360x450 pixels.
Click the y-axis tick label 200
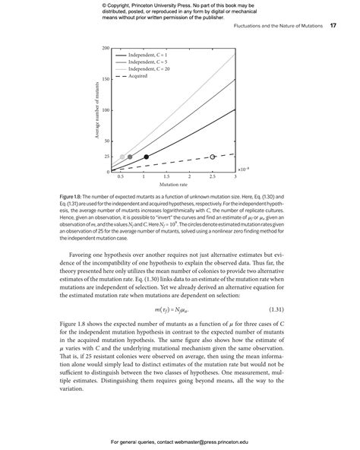point(106,49)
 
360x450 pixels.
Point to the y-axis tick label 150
point(106,79)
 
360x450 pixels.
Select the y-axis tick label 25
point(107,157)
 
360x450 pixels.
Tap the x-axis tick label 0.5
point(121,176)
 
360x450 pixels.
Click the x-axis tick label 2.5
point(212,176)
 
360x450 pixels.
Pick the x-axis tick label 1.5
point(166,176)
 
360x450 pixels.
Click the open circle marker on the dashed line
point(213,157)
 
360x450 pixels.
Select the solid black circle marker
point(147,157)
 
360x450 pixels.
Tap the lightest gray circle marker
point(122,157)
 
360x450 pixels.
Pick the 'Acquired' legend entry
point(137,76)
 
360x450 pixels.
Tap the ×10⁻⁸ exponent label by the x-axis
point(242,170)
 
